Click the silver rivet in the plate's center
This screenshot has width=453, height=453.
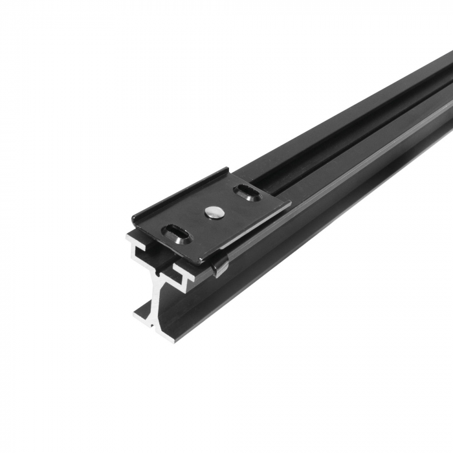[x=212, y=210]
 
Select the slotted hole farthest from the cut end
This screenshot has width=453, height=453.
[x=246, y=191]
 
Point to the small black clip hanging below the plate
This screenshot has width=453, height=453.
[x=219, y=266]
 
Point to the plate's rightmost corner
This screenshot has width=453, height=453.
[x=289, y=203]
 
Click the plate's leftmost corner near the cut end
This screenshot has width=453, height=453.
[x=132, y=219]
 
